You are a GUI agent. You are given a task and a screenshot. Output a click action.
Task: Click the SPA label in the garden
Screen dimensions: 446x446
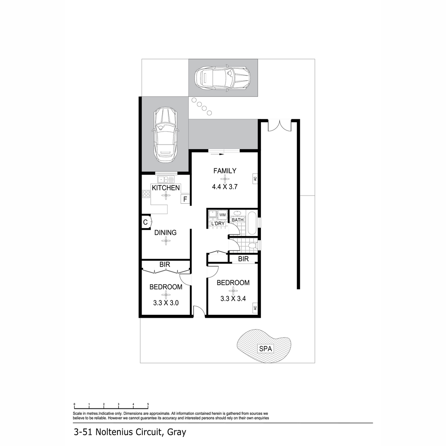click(265, 349)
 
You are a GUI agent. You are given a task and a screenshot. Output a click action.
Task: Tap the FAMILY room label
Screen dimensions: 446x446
click(225, 171)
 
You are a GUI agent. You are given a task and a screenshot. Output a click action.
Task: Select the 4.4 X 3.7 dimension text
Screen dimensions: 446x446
click(225, 187)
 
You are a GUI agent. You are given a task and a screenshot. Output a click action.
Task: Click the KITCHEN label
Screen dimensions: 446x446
click(166, 188)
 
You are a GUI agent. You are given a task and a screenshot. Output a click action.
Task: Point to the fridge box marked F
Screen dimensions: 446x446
click(185, 199)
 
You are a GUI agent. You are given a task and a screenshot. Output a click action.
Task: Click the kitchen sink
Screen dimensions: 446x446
click(166, 179)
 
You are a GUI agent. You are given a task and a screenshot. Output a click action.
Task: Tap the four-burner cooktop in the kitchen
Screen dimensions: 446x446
click(146, 194)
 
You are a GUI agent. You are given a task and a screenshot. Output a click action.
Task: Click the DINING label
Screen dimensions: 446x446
click(165, 232)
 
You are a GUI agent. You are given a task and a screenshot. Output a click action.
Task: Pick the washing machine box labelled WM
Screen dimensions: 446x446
click(222, 215)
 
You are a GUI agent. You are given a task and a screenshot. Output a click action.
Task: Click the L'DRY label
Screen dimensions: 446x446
click(218, 224)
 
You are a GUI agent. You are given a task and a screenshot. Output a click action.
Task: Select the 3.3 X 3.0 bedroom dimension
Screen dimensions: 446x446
click(166, 303)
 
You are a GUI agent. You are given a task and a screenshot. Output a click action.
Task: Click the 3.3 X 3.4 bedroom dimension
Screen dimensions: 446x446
click(233, 298)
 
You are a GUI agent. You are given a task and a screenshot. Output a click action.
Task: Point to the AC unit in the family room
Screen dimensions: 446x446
click(255, 179)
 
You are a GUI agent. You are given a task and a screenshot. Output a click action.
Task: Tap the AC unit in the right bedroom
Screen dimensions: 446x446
click(255, 308)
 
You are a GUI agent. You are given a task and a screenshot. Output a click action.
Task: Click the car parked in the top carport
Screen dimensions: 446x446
click(222, 78)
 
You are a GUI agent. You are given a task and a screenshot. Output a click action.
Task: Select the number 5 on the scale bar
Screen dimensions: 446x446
click(148, 404)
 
